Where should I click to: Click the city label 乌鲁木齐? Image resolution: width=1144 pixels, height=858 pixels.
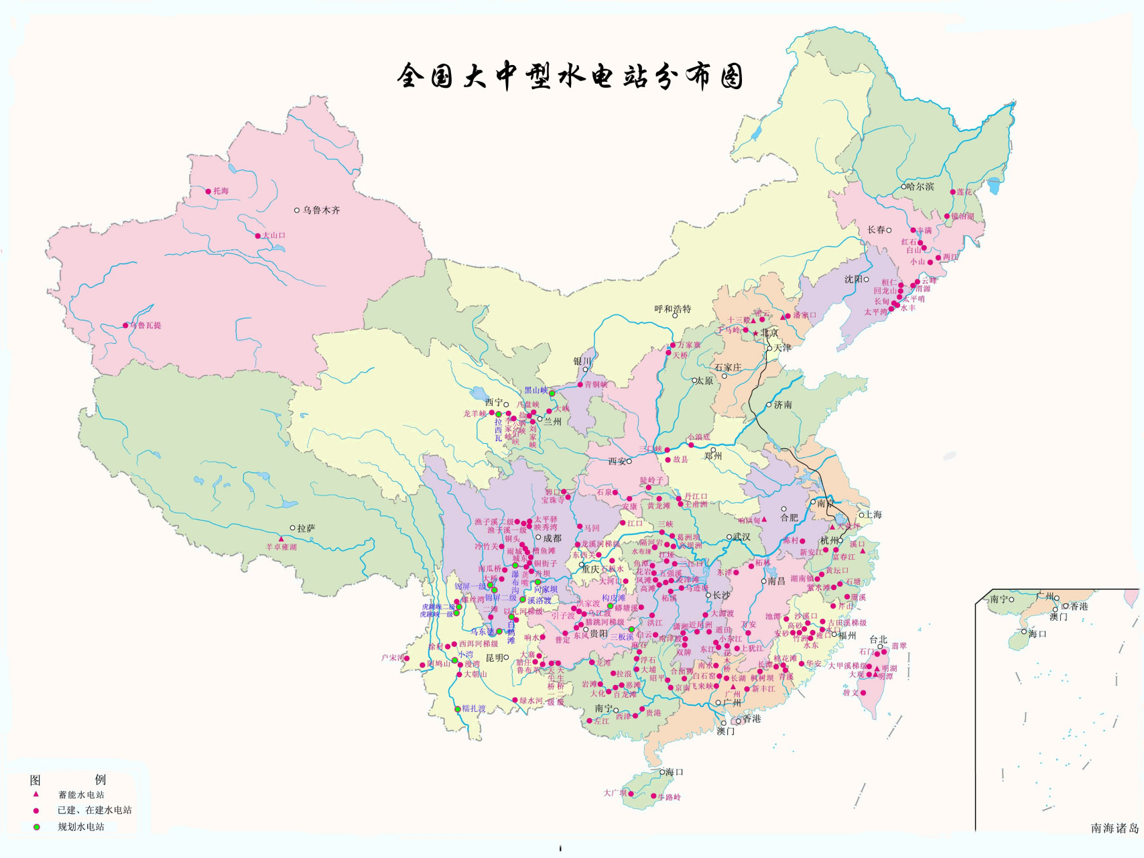(321, 210)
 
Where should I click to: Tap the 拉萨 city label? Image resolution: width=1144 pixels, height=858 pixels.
(306, 528)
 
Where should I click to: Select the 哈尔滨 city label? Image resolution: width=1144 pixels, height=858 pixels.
(920, 186)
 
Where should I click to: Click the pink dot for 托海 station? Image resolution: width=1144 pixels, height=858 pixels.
(208, 191)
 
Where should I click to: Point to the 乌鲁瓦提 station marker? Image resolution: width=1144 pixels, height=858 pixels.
(125, 326)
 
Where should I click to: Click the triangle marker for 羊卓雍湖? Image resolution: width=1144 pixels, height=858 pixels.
(281, 539)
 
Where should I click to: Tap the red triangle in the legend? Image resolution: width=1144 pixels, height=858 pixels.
(36, 794)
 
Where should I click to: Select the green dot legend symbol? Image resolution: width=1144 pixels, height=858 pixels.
(36, 827)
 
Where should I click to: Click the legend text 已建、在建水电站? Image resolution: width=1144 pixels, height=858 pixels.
(94, 810)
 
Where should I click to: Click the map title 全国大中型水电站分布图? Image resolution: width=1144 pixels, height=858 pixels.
(570, 76)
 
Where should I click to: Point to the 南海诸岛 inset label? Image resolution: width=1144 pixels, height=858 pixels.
(1114, 829)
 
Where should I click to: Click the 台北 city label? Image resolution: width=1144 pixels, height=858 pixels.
(878, 639)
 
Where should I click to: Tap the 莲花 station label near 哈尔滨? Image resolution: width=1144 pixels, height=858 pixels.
(964, 192)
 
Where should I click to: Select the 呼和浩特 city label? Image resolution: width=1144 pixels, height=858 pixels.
(672, 309)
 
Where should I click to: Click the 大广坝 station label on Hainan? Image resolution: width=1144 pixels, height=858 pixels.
(615, 793)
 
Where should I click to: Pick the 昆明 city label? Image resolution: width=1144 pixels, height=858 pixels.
(494, 658)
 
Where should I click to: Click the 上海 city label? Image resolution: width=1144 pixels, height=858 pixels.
(873, 514)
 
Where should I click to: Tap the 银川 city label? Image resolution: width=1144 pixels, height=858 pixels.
(582, 361)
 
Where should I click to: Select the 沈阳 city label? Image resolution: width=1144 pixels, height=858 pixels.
(853, 279)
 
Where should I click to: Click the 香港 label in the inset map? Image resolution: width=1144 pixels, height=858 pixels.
(1079, 606)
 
